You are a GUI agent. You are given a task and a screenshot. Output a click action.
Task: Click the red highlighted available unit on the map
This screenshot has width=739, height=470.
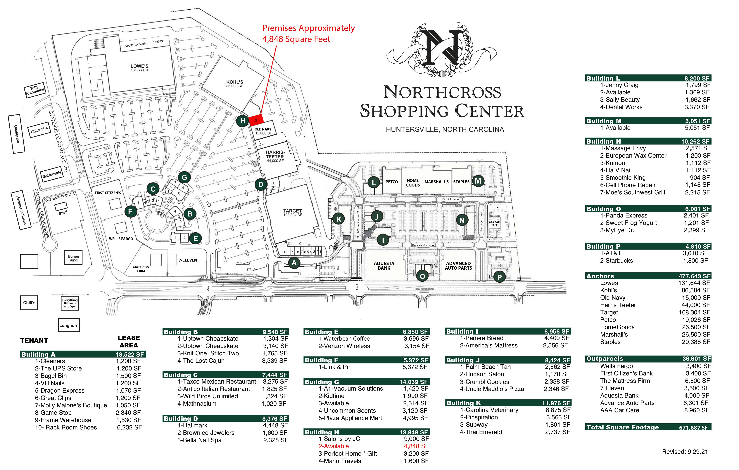[x=256, y=120]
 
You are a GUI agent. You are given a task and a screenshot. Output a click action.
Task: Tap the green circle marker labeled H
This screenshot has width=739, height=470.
[x=242, y=121]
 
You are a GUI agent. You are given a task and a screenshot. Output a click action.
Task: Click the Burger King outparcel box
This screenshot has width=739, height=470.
[x=74, y=258]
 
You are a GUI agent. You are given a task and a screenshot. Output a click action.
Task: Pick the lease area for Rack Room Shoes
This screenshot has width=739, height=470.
[x=129, y=427]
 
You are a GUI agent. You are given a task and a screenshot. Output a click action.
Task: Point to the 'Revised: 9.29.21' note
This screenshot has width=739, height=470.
[x=685, y=452]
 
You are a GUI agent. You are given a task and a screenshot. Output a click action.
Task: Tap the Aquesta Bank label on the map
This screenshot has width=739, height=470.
[x=384, y=266]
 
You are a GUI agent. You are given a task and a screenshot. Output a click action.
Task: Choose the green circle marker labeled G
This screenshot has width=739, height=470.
[x=184, y=177]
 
